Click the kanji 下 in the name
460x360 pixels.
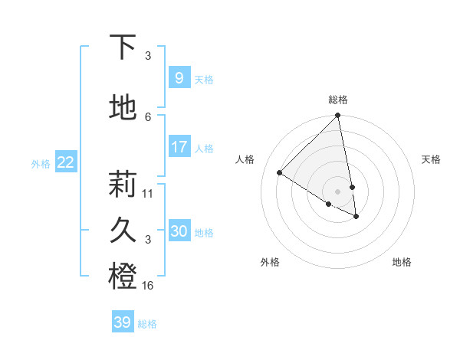coord(123,47)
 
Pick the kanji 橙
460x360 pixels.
coord(123,277)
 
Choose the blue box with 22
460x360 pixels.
coord(65,162)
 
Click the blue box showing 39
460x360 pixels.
coord(122,322)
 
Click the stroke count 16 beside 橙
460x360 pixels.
coord(148,285)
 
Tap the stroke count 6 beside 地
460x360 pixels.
coord(148,116)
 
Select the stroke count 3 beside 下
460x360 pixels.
coord(148,56)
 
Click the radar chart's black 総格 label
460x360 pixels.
coord(338,100)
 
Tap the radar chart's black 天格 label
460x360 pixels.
coord(431,159)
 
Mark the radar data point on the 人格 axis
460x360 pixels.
coord(280,173)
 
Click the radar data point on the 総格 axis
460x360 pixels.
coord(337,116)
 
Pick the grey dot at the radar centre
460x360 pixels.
coord(337,191)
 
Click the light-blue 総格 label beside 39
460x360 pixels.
coord(147,324)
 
